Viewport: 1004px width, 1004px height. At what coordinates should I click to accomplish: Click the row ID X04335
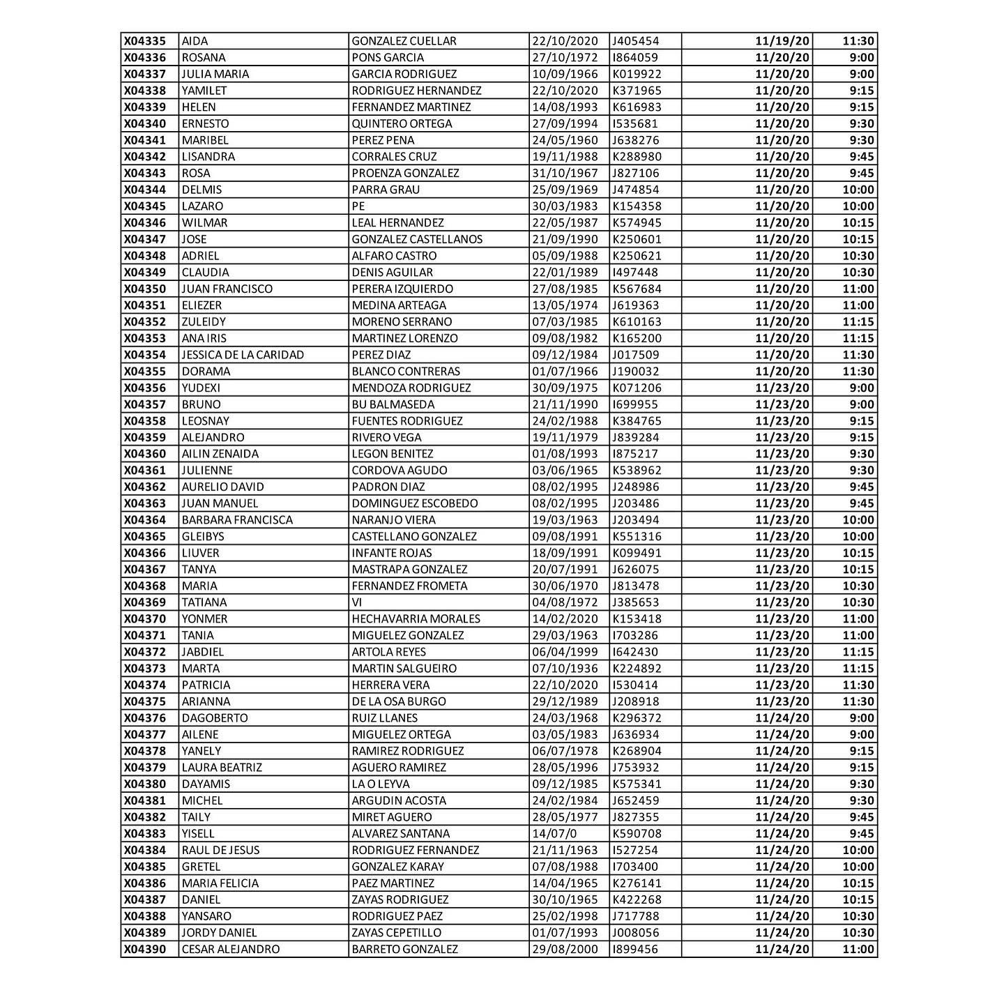(x=145, y=41)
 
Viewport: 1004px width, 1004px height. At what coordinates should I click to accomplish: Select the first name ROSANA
(x=204, y=58)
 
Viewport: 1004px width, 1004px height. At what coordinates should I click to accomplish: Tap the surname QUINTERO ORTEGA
(x=402, y=123)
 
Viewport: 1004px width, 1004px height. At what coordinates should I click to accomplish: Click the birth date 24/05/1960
(x=565, y=140)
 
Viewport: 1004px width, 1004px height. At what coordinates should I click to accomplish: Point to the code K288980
(x=637, y=157)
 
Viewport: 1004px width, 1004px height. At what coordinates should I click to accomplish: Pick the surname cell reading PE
(x=358, y=206)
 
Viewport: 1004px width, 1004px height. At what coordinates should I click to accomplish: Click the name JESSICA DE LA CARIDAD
(x=243, y=355)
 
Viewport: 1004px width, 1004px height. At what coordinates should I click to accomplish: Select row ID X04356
(x=145, y=388)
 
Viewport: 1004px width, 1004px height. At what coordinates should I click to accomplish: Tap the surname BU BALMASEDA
(x=393, y=404)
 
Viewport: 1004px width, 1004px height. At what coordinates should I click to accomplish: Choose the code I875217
(x=634, y=454)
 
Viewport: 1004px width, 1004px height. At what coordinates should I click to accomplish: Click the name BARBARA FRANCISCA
(x=237, y=520)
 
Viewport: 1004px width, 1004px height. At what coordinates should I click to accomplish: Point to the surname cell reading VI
(x=357, y=602)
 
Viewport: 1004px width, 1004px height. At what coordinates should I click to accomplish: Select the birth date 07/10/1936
(x=565, y=669)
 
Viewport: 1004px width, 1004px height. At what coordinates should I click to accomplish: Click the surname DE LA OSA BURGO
(x=398, y=701)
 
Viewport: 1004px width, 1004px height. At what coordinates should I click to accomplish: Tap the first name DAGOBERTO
(x=215, y=718)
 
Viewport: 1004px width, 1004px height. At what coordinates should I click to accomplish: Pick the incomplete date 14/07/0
(x=554, y=834)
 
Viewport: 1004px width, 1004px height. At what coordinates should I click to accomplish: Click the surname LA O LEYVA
(x=381, y=784)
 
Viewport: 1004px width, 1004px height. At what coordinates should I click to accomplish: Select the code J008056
(x=635, y=933)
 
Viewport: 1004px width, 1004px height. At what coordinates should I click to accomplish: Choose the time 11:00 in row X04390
(x=858, y=950)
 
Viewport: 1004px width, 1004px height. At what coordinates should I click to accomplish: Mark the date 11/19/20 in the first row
(x=782, y=41)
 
